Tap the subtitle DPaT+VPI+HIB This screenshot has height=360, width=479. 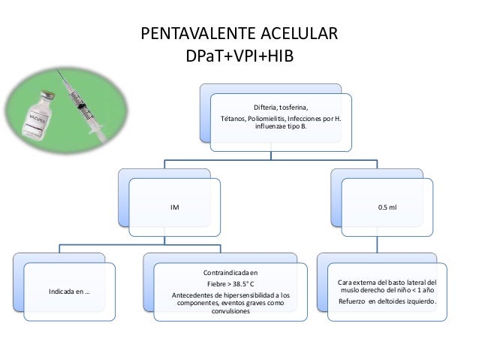coord(239,56)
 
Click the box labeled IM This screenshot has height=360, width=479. coord(174,204)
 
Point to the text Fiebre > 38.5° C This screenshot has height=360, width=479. coord(230,284)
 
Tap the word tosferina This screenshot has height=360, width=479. coord(292,107)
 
